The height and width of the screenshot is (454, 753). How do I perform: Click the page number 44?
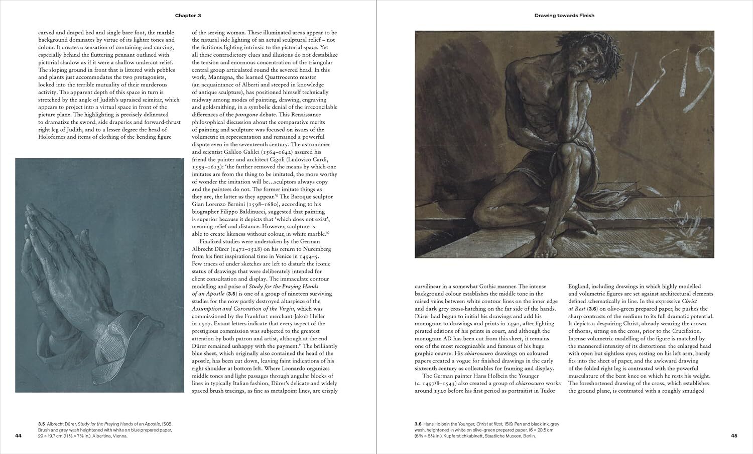(x=19, y=435)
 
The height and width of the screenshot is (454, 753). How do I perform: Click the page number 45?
(x=734, y=435)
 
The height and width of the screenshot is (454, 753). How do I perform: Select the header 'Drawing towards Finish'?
(x=564, y=16)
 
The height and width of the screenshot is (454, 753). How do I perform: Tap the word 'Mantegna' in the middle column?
(x=215, y=77)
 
